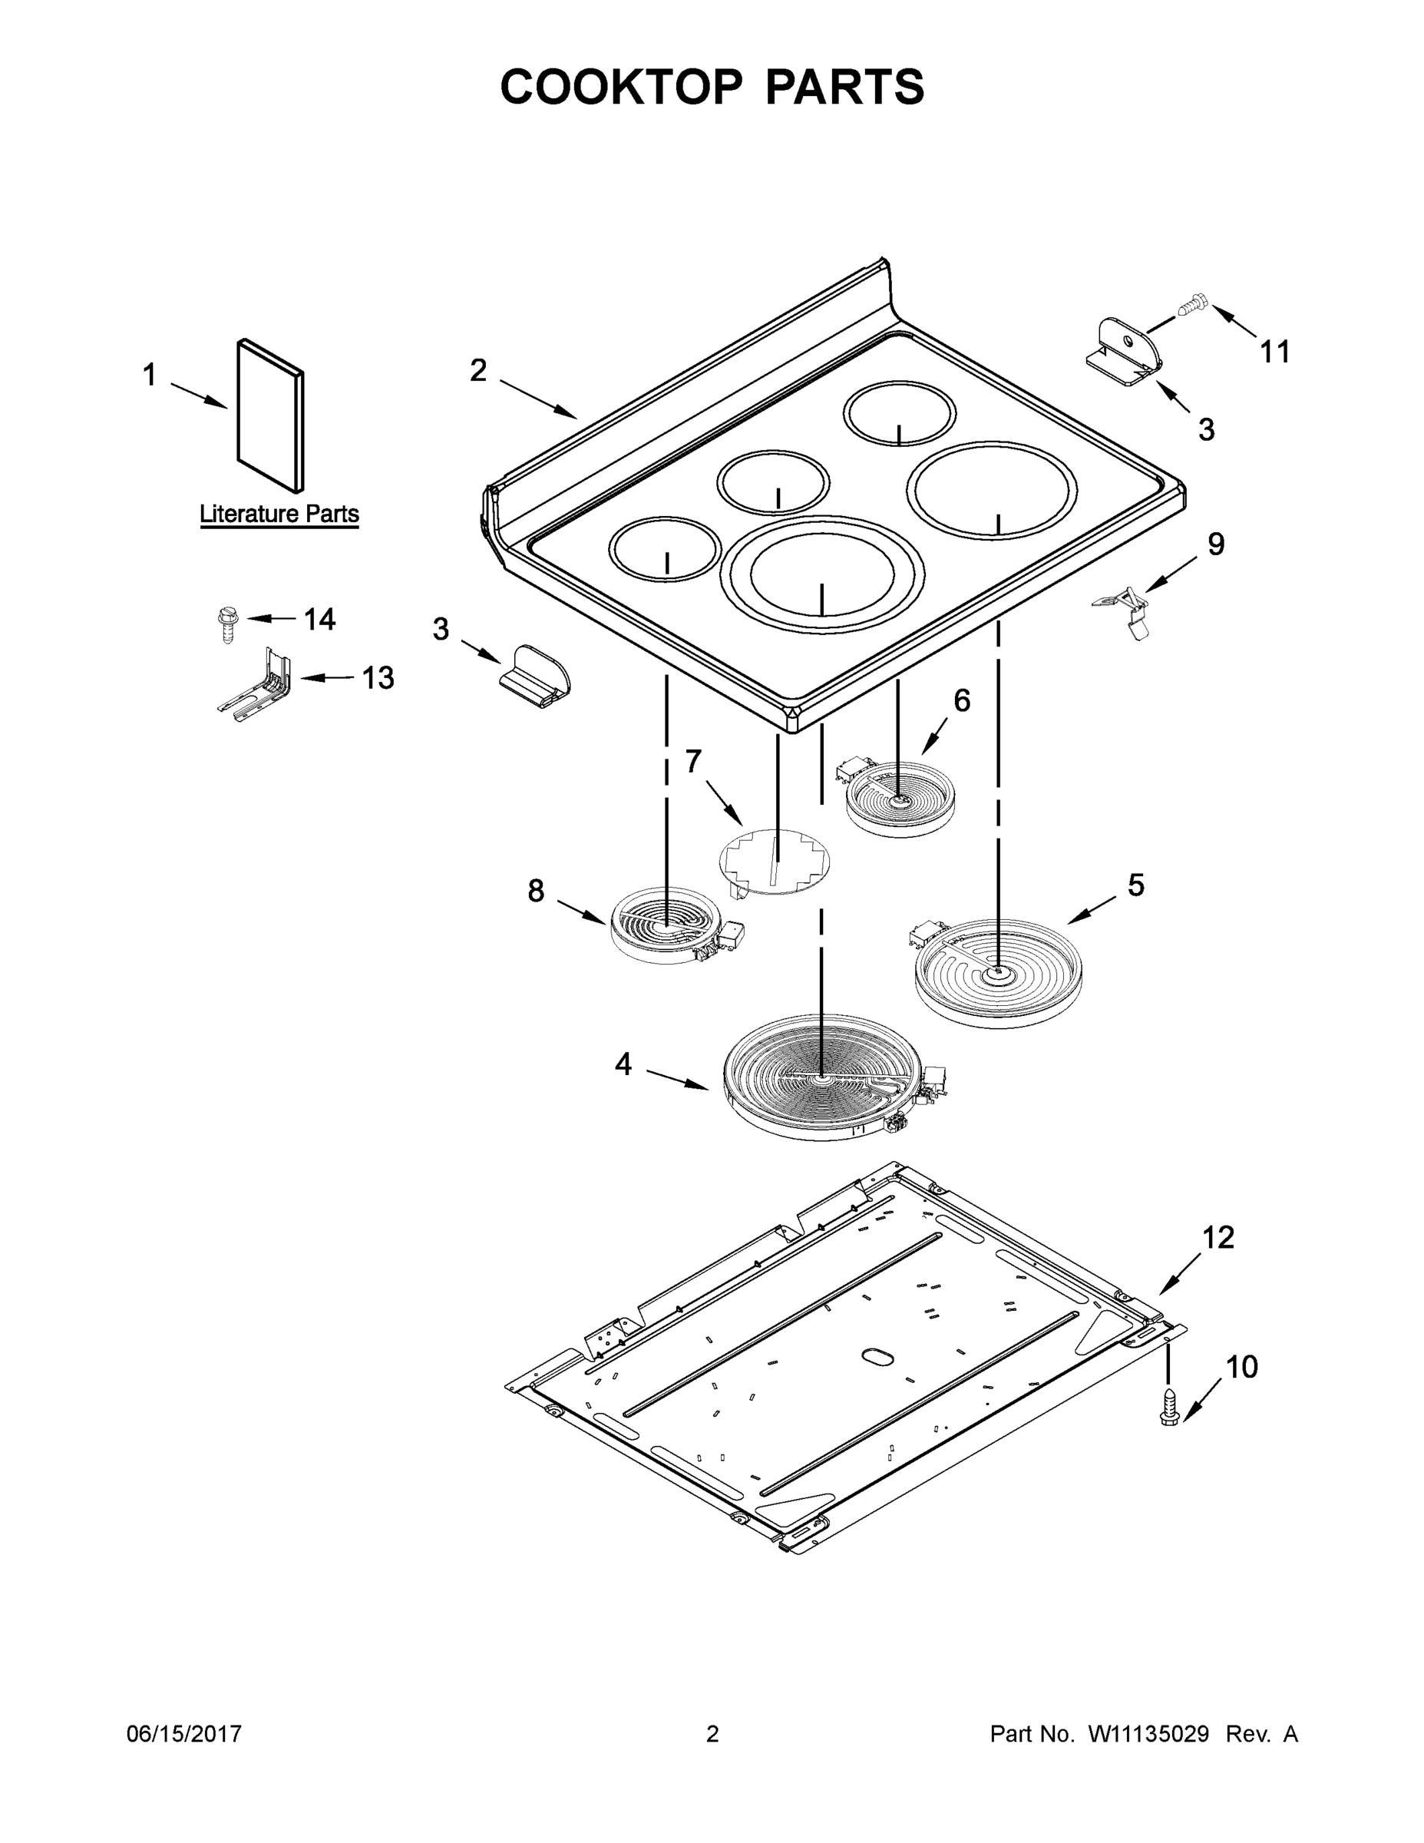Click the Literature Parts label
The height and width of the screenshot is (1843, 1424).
pyautogui.click(x=279, y=514)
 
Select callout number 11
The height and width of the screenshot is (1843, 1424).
pyautogui.click(x=1274, y=351)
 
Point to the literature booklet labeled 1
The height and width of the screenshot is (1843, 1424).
pyautogui.click(x=270, y=415)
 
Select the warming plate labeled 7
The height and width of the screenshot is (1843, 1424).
pyautogui.click(x=774, y=861)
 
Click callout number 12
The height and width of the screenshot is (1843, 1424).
pyautogui.click(x=1218, y=1238)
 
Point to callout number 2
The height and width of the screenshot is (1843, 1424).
pyautogui.click(x=477, y=370)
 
